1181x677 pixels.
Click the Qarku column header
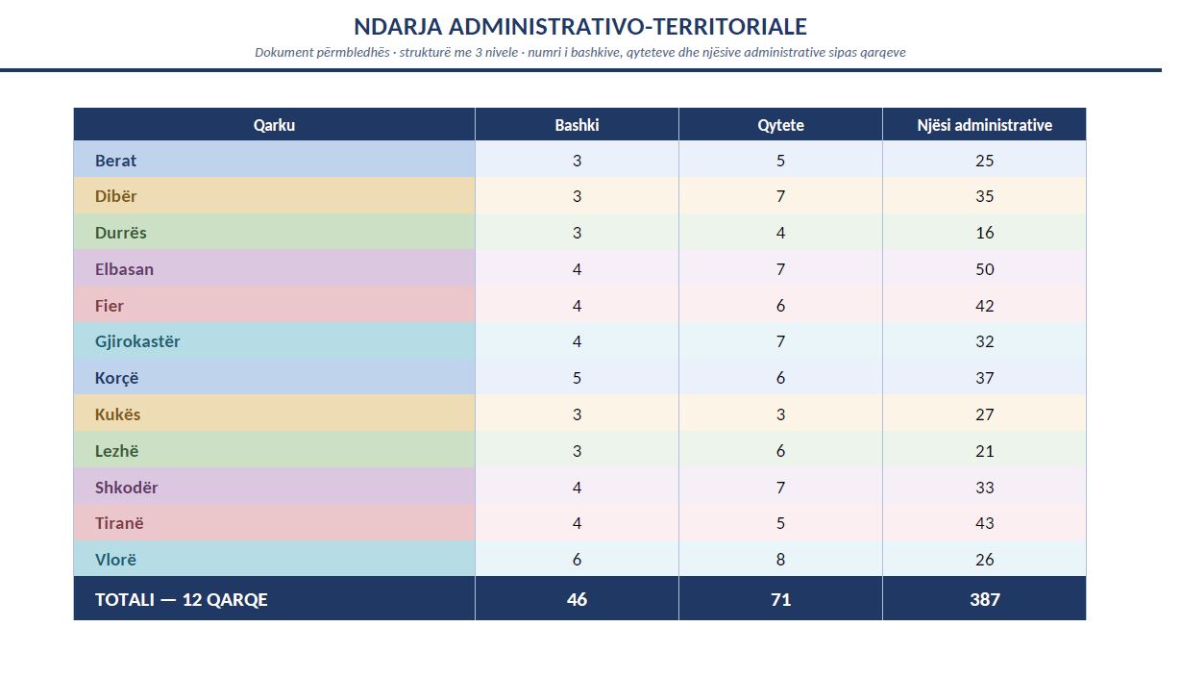(x=274, y=125)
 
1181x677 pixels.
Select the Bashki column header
(x=577, y=125)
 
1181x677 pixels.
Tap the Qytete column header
(x=781, y=125)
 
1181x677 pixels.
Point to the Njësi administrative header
(x=984, y=125)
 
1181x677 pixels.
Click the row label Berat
(x=115, y=161)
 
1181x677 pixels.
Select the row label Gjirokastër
(x=137, y=341)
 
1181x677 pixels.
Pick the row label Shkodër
(x=127, y=487)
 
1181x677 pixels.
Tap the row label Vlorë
(x=115, y=560)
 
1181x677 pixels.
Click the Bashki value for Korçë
(x=577, y=378)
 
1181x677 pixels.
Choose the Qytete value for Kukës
(x=781, y=414)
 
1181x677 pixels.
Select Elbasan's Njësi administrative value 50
(x=984, y=269)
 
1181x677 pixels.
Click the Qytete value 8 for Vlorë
(x=781, y=560)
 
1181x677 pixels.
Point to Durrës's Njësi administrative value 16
(x=984, y=233)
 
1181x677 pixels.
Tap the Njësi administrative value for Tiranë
(x=984, y=523)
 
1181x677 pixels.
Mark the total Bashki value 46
(x=577, y=599)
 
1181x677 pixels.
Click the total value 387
(x=984, y=599)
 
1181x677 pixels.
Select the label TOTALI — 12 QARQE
(x=182, y=599)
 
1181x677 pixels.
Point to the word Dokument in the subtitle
(x=283, y=52)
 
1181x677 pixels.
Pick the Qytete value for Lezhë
(x=781, y=451)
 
